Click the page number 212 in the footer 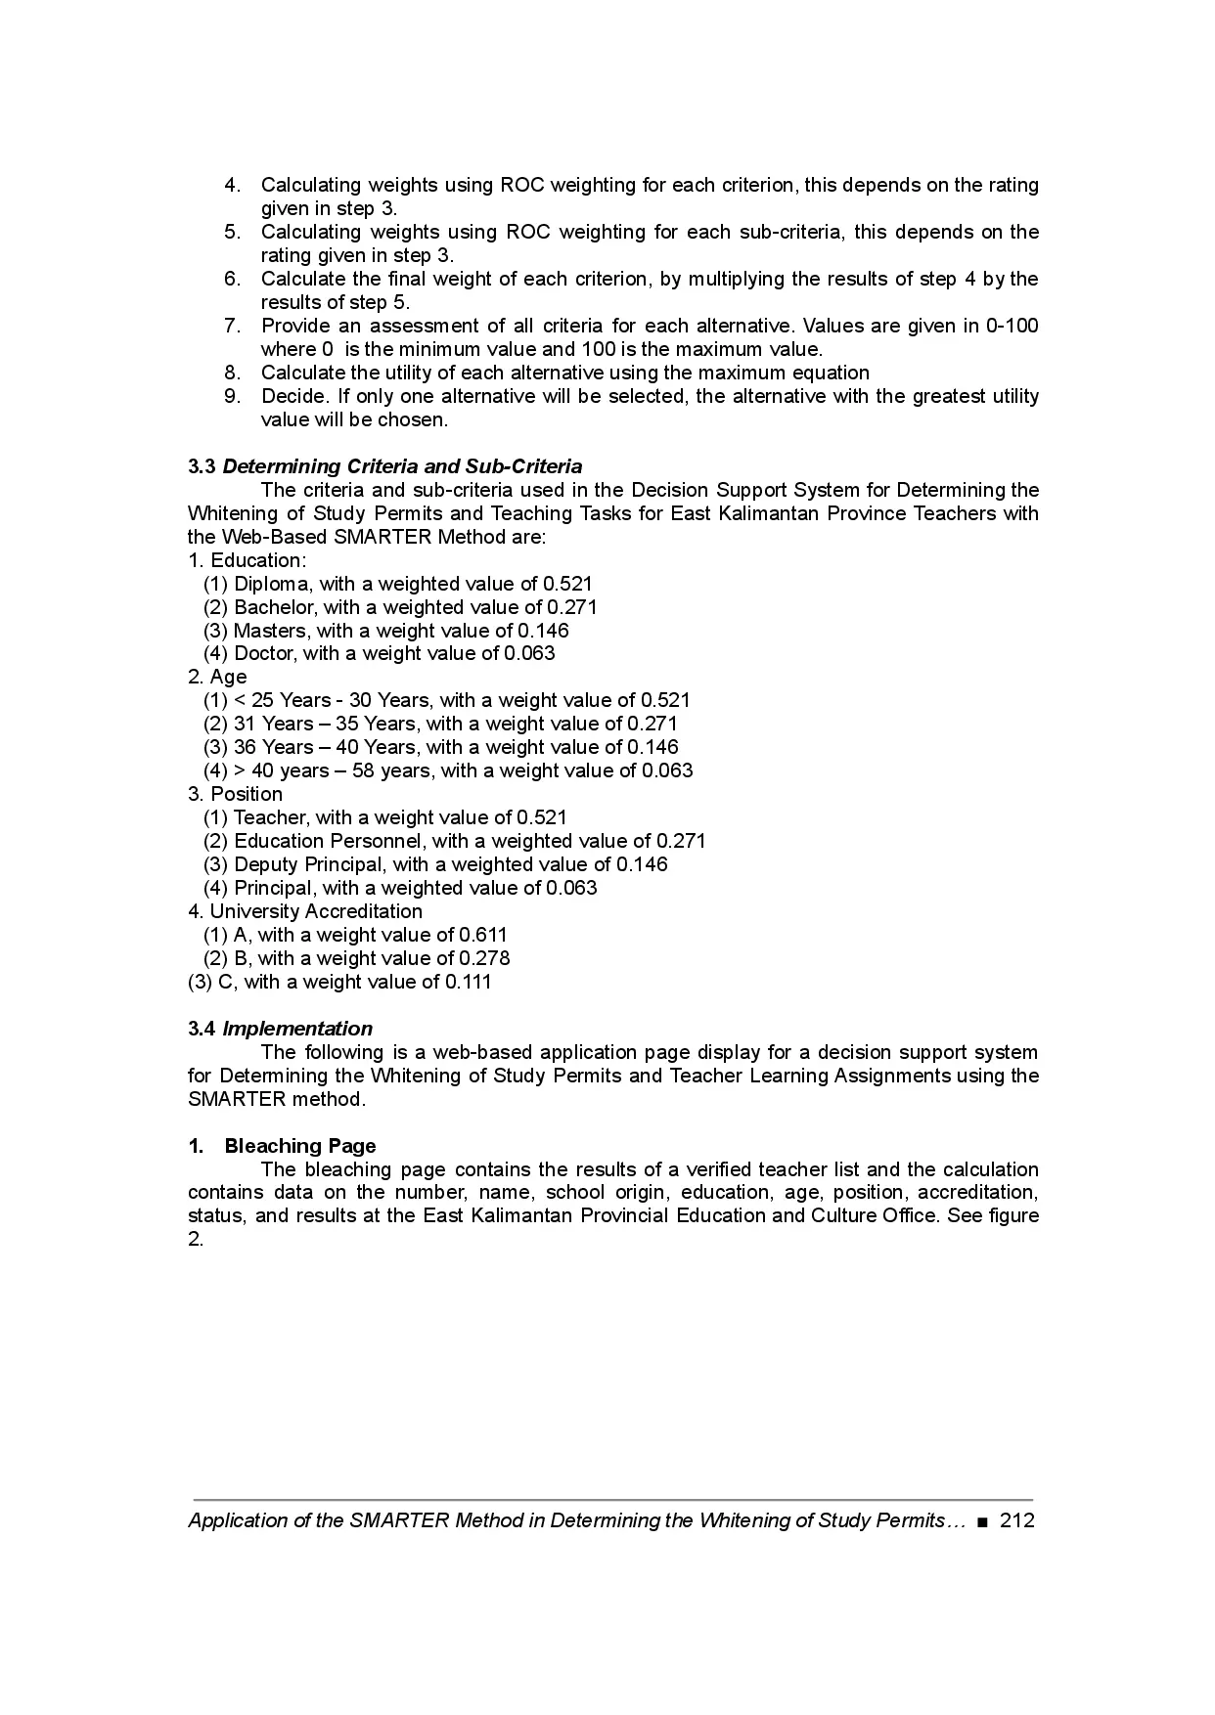tap(1017, 1520)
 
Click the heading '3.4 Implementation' tap(280, 1029)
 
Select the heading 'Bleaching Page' tap(300, 1146)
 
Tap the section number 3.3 tap(202, 466)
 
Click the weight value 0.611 tap(483, 935)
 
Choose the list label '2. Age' tap(217, 677)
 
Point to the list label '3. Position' tap(235, 794)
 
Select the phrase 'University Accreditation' tap(316, 911)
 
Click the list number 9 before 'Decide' tap(232, 396)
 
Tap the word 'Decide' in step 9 tap(293, 396)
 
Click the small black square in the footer tap(982, 1521)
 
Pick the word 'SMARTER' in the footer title tap(398, 1520)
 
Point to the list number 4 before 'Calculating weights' tap(232, 185)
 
